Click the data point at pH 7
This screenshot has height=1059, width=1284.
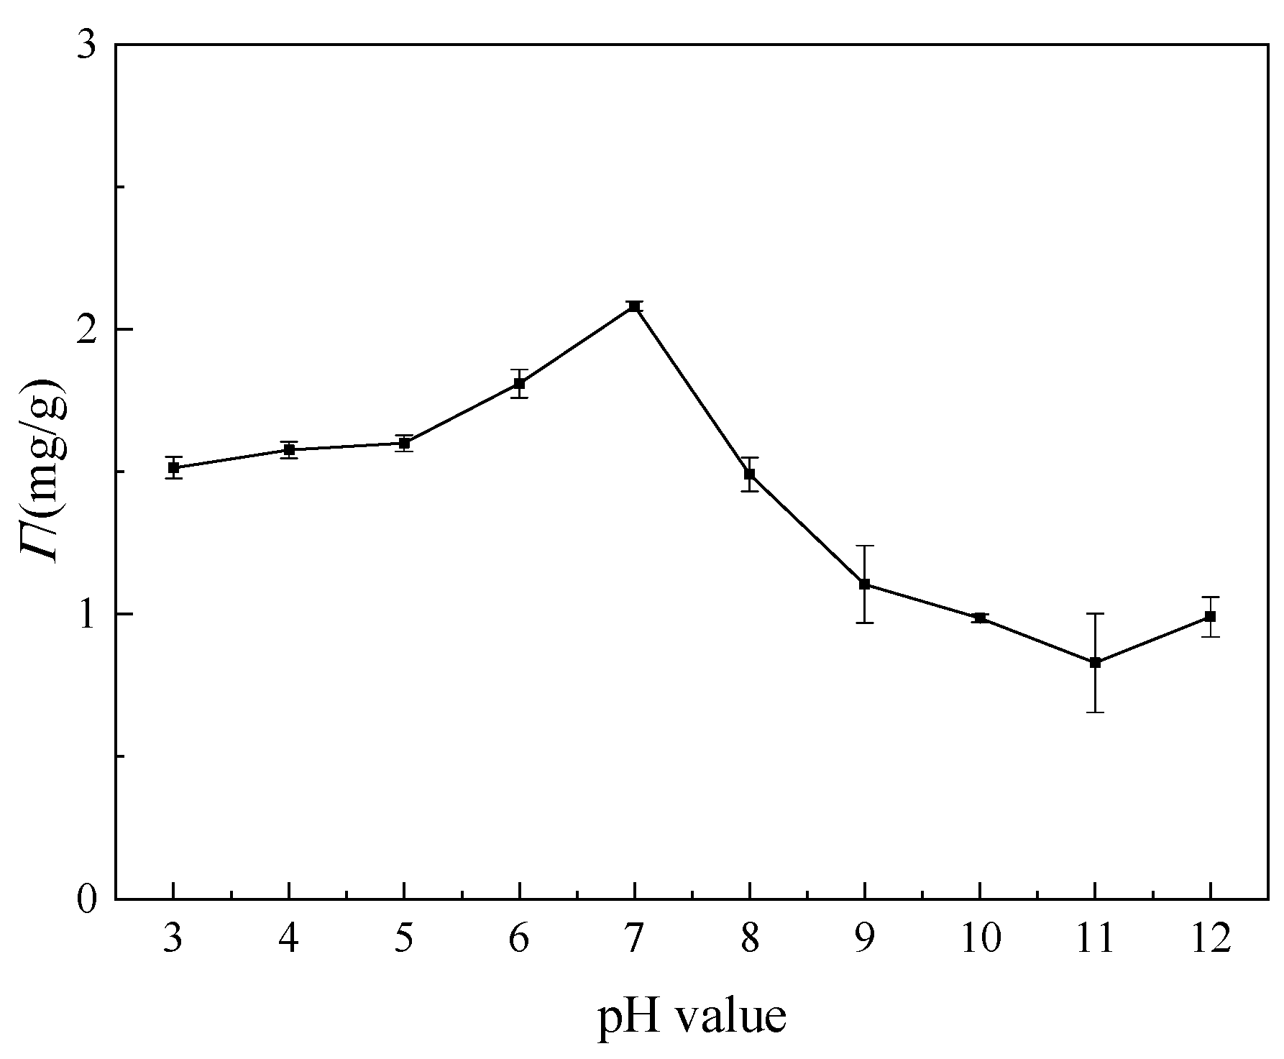click(634, 306)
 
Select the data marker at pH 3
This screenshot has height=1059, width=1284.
click(173, 467)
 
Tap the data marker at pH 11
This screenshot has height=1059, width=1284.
click(1095, 662)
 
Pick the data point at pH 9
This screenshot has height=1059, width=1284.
click(864, 584)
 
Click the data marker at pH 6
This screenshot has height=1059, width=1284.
click(519, 383)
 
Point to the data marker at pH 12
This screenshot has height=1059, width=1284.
click(1210, 616)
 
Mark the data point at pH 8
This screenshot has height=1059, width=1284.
click(749, 474)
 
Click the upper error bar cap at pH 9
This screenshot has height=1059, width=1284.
click(864, 546)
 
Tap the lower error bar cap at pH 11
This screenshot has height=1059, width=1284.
click(1095, 712)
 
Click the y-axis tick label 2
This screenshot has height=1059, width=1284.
click(86, 330)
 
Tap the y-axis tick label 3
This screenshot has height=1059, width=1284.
click(86, 46)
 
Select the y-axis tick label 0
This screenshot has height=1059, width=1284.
click(86, 899)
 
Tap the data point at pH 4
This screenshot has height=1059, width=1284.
click(289, 449)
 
